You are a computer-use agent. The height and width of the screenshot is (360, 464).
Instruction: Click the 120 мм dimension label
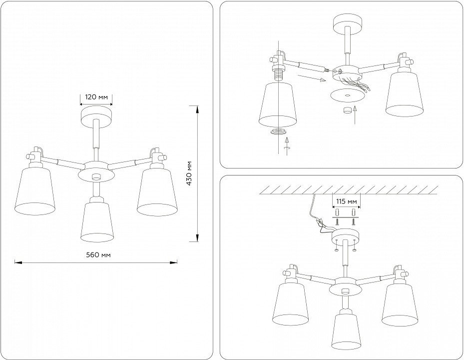point(96,97)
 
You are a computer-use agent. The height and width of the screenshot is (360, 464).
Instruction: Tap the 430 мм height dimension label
point(189,173)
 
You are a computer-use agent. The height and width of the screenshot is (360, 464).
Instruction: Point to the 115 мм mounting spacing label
point(347,202)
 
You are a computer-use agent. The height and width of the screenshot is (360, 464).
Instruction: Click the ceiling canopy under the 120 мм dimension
point(96,117)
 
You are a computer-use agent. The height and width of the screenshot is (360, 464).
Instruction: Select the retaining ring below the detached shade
point(279,132)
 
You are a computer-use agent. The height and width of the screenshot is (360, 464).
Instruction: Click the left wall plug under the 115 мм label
point(337,212)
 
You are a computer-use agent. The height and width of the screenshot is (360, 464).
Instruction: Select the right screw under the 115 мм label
point(353,221)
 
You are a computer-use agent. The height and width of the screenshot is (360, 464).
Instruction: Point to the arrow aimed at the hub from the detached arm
point(312,78)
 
